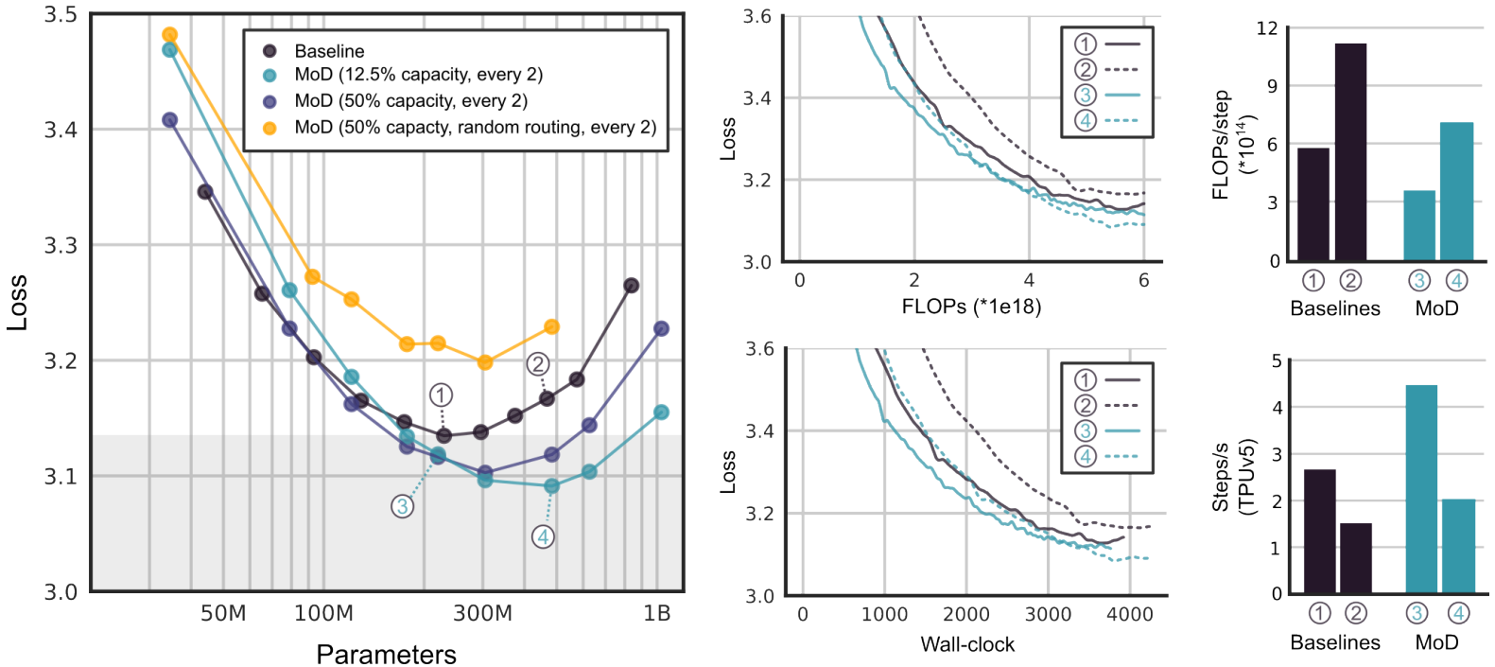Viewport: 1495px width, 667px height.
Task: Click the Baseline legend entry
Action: [328, 51]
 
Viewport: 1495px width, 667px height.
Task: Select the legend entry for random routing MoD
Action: [475, 127]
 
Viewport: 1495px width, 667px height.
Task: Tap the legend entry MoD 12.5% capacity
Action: [418, 75]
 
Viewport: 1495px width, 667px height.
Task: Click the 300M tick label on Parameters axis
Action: [482, 613]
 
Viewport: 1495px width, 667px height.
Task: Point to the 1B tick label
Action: [656, 613]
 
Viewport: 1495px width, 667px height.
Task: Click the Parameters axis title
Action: [386, 654]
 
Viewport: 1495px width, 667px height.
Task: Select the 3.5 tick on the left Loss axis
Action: [61, 16]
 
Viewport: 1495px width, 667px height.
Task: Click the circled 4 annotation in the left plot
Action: [543, 537]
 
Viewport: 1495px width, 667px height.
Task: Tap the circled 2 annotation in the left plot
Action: [538, 364]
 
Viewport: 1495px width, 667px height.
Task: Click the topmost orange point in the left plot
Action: [170, 35]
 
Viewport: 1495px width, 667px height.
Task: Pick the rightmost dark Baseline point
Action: [632, 285]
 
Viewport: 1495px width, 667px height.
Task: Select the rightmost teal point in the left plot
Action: [662, 412]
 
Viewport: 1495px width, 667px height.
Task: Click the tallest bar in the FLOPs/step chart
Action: [1350, 151]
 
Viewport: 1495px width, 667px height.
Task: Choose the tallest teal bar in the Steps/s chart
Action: [1421, 488]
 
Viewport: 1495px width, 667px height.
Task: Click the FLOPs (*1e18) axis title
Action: [971, 307]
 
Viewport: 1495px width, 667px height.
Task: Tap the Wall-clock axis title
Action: [967, 644]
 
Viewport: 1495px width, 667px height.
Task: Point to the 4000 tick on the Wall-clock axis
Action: [1130, 614]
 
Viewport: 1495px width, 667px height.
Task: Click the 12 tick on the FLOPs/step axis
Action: [1267, 28]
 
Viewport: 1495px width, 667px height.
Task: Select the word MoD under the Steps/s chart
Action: [1436, 642]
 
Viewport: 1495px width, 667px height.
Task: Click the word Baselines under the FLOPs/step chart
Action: [1334, 308]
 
